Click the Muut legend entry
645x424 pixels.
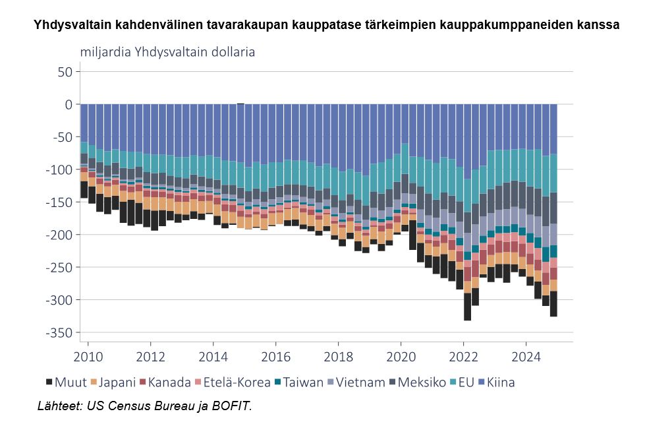(66, 382)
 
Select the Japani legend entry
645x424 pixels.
(113, 382)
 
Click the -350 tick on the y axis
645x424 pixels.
(58, 332)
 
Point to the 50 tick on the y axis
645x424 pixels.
(65, 72)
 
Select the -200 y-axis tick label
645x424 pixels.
(58, 235)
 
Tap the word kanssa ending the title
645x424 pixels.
(599, 26)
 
